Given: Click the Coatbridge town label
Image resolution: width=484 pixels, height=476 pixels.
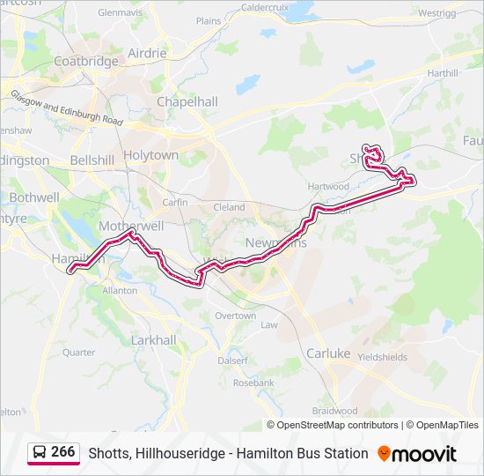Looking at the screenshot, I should coord(85,61).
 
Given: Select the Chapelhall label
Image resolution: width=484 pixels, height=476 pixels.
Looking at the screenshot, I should coord(187,101).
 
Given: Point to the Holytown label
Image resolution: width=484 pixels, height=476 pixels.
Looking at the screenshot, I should coord(150,155).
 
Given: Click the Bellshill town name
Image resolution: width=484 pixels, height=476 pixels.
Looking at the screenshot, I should coord(92,160).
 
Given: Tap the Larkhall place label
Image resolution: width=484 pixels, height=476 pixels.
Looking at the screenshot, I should coord(153,339).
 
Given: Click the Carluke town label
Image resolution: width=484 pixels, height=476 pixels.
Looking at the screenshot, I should coord(327,353).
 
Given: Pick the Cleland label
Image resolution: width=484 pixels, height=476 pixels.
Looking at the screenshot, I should coord(230,207).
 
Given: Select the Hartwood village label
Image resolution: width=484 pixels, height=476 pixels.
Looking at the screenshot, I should coord(329,187).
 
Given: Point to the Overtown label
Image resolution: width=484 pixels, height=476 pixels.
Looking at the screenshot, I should coord(235,316).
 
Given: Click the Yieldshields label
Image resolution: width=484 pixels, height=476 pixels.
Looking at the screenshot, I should coord(381,357).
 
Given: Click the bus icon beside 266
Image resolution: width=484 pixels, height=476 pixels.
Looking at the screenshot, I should coord(39,452).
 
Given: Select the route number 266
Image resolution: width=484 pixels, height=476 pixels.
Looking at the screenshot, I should coord(63,452).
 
